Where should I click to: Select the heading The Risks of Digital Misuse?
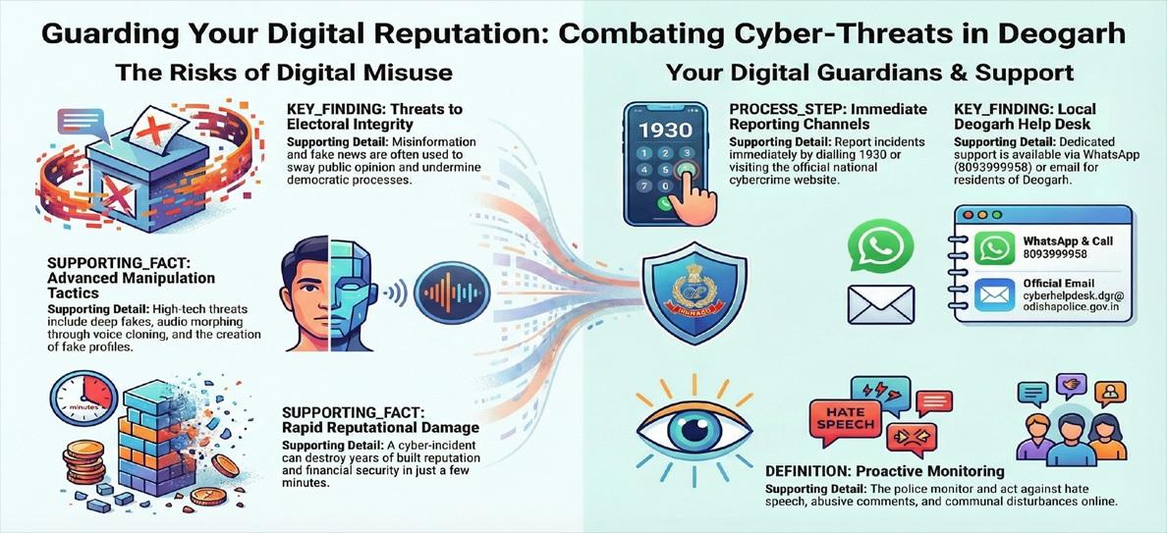pyautogui.click(x=284, y=73)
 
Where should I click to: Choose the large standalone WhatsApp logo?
pyautogui.click(x=881, y=245)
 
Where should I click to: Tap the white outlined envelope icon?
pyautogui.click(x=880, y=305)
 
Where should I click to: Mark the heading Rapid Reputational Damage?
pyautogui.click(x=381, y=427)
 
